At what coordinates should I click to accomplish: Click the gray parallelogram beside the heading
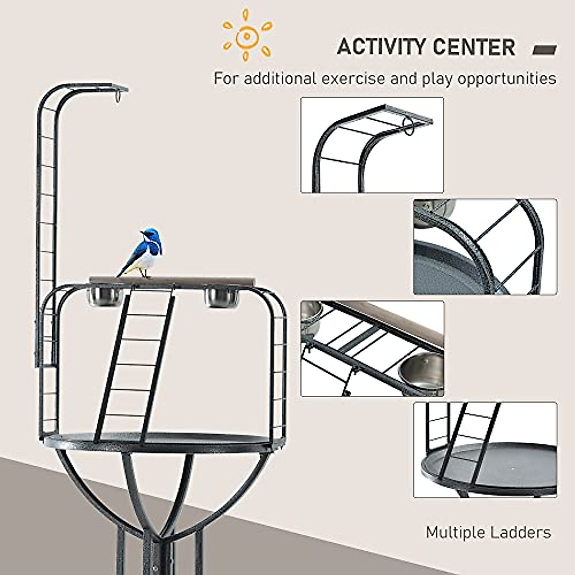(545, 50)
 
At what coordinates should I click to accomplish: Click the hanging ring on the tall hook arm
(117, 97)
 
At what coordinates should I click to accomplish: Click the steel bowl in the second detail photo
(434, 211)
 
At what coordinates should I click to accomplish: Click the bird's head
(149, 234)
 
